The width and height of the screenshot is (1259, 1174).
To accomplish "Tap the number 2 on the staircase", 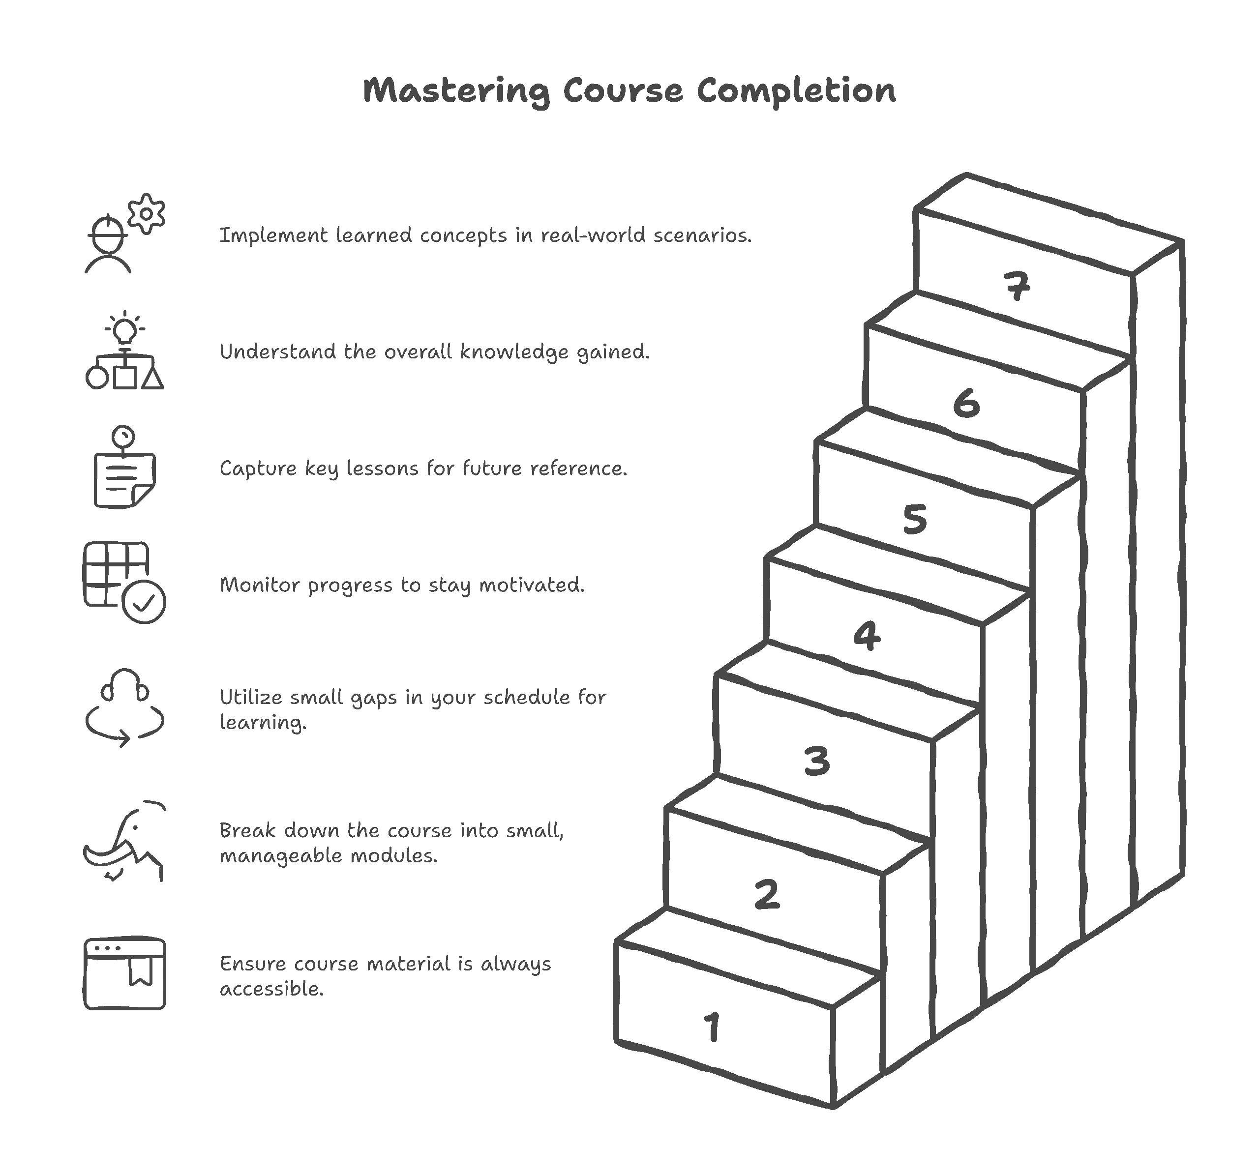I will point(767,894).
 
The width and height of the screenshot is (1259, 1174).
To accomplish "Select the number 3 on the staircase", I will point(817,761).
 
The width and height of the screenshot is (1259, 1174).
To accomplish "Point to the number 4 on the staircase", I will point(867,636).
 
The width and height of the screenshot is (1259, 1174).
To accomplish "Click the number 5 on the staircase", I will point(915,519).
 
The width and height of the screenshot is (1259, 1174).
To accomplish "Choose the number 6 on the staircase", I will point(966,403).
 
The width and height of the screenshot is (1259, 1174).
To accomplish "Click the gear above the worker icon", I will point(146,213).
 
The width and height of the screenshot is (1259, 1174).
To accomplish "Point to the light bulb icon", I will point(125,329).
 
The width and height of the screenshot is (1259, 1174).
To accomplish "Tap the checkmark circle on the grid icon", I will point(144,602).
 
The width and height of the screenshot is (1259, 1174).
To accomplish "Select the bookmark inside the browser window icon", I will point(141,971).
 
